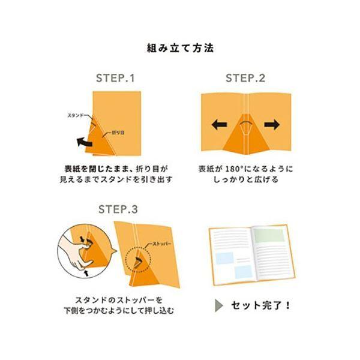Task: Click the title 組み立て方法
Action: [180, 47]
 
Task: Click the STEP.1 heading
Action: [116, 79]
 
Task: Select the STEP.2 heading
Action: [245, 79]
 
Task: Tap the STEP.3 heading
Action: [118, 209]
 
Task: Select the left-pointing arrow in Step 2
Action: [218, 125]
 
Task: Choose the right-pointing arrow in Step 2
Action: [272, 125]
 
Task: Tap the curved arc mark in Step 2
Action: [245, 122]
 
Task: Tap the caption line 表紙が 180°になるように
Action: [245, 169]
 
